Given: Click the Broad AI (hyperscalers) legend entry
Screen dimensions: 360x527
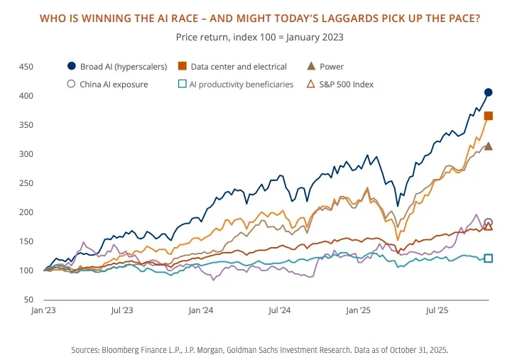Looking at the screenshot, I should (x=117, y=67).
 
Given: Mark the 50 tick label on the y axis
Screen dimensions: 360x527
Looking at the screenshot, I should (x=28, y=300).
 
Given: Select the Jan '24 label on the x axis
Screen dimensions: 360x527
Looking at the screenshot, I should (x=201, y=310).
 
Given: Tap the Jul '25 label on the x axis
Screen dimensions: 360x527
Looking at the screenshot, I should (x=436, y=310).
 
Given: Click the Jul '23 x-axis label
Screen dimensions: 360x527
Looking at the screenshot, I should (x=122, y=310).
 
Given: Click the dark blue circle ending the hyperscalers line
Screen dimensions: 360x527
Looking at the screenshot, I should (x=489, y=92).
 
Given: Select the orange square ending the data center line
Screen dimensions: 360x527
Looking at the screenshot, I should (x=489, y=116).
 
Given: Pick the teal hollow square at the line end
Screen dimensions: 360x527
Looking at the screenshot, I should (x=489, y=258).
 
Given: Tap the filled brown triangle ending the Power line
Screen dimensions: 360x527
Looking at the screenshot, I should (x=489, y=146).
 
